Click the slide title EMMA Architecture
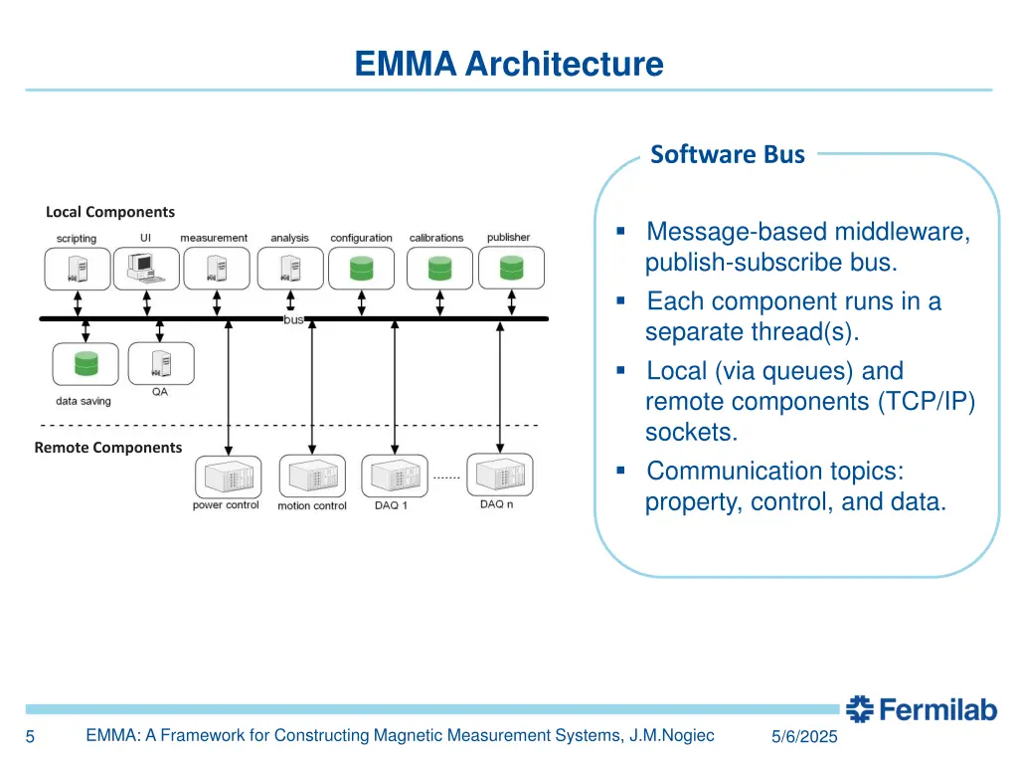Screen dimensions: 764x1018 (x=509, y=65)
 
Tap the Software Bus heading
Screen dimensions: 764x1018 (x=727, y=154)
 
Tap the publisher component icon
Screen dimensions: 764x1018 (x=511, y=268)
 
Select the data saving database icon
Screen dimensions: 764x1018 (x=85, y=365)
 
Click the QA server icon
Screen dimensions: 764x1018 (x=159, y=363)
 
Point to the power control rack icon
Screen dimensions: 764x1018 (x=227, y=477)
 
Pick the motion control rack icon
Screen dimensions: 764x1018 (x=311, y=477)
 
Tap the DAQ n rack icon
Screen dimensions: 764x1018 (x=499, y=476)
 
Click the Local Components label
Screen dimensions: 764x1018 (x=110, y=212)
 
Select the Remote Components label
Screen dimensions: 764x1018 (x=108, y=448)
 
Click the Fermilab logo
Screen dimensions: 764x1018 (x=921, y=709)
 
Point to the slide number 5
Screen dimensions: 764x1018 (x=30, y=737)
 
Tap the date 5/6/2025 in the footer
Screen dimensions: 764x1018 (x=804, y=737)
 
